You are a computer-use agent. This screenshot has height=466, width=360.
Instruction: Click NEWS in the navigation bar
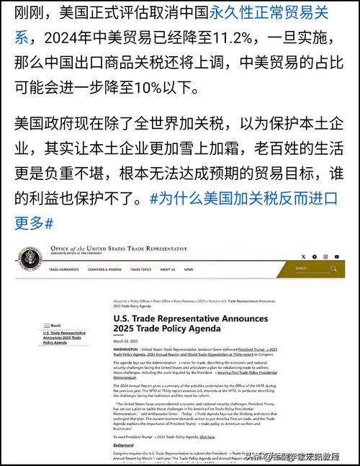point(188,269)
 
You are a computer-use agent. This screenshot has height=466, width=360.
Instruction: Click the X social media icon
point(303,256)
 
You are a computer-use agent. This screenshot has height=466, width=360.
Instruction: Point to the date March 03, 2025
point(127,342)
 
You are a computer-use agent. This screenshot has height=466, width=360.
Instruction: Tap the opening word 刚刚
point(29,11)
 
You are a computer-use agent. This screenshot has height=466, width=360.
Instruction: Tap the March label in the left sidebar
point(56,326)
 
